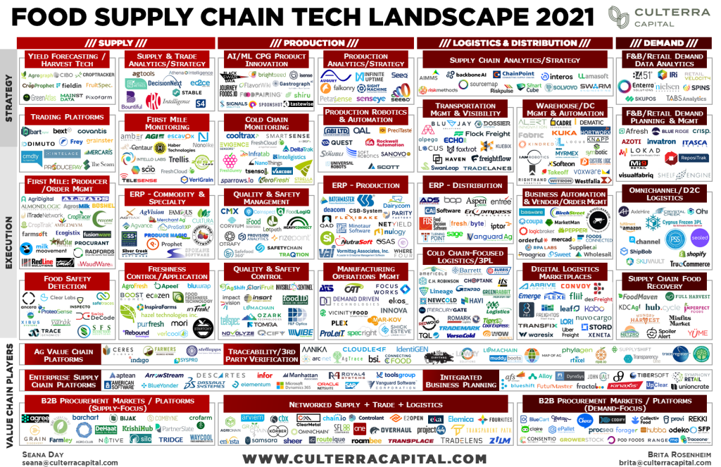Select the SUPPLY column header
115,43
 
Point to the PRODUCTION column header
314,43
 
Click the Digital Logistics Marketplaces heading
565,273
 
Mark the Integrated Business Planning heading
461,381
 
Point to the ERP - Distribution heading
465,185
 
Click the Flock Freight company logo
487,133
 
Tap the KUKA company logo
564,132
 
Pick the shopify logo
692,253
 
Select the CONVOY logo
576,286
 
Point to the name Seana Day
43,454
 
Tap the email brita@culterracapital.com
662,462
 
